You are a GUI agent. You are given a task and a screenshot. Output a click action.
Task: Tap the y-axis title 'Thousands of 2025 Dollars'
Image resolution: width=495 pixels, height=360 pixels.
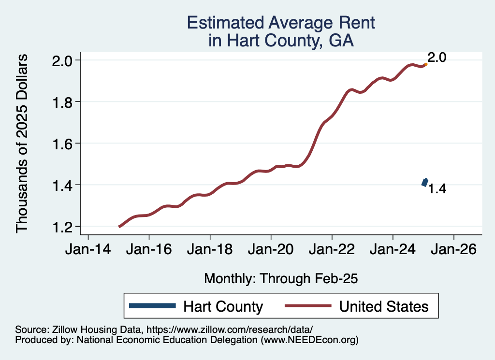(22, 144)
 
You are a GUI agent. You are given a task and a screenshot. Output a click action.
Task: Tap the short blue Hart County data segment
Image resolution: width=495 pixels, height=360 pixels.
(424, 182)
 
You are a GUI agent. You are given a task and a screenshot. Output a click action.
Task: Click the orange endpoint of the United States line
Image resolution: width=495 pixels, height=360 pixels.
(425, 64)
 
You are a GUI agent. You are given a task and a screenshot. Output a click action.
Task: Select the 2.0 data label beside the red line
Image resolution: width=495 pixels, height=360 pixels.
(437, 58)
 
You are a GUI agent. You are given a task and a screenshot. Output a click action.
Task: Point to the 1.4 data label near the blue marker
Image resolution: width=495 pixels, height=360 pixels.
(437, 189)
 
